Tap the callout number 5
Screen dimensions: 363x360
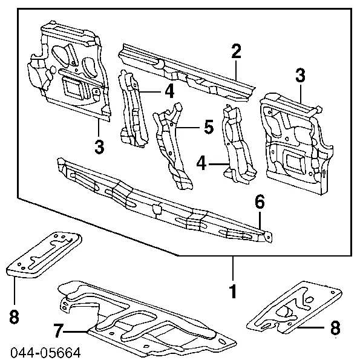[x=208, y=128]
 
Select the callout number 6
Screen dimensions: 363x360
[x=260, y=203]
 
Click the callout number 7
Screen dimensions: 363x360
[x=57, y=330]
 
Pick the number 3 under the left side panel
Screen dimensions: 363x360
[x=99, y=146]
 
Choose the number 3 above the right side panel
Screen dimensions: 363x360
[x=301, y=76]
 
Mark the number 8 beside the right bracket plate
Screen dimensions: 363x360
[x=336, y=330]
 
